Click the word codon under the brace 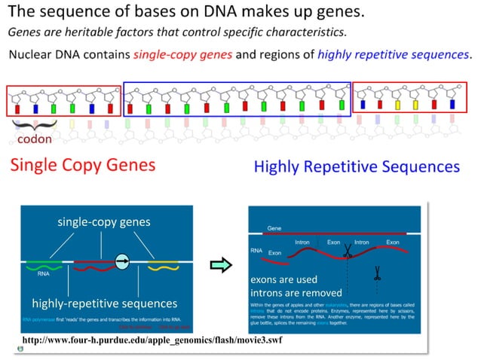35,139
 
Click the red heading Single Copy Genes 82,166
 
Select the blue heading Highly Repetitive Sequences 357,166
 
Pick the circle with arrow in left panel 123,261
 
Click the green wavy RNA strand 43,265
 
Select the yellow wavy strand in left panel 163,266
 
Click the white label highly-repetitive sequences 105,304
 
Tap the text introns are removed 296,292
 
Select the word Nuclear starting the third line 30,55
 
